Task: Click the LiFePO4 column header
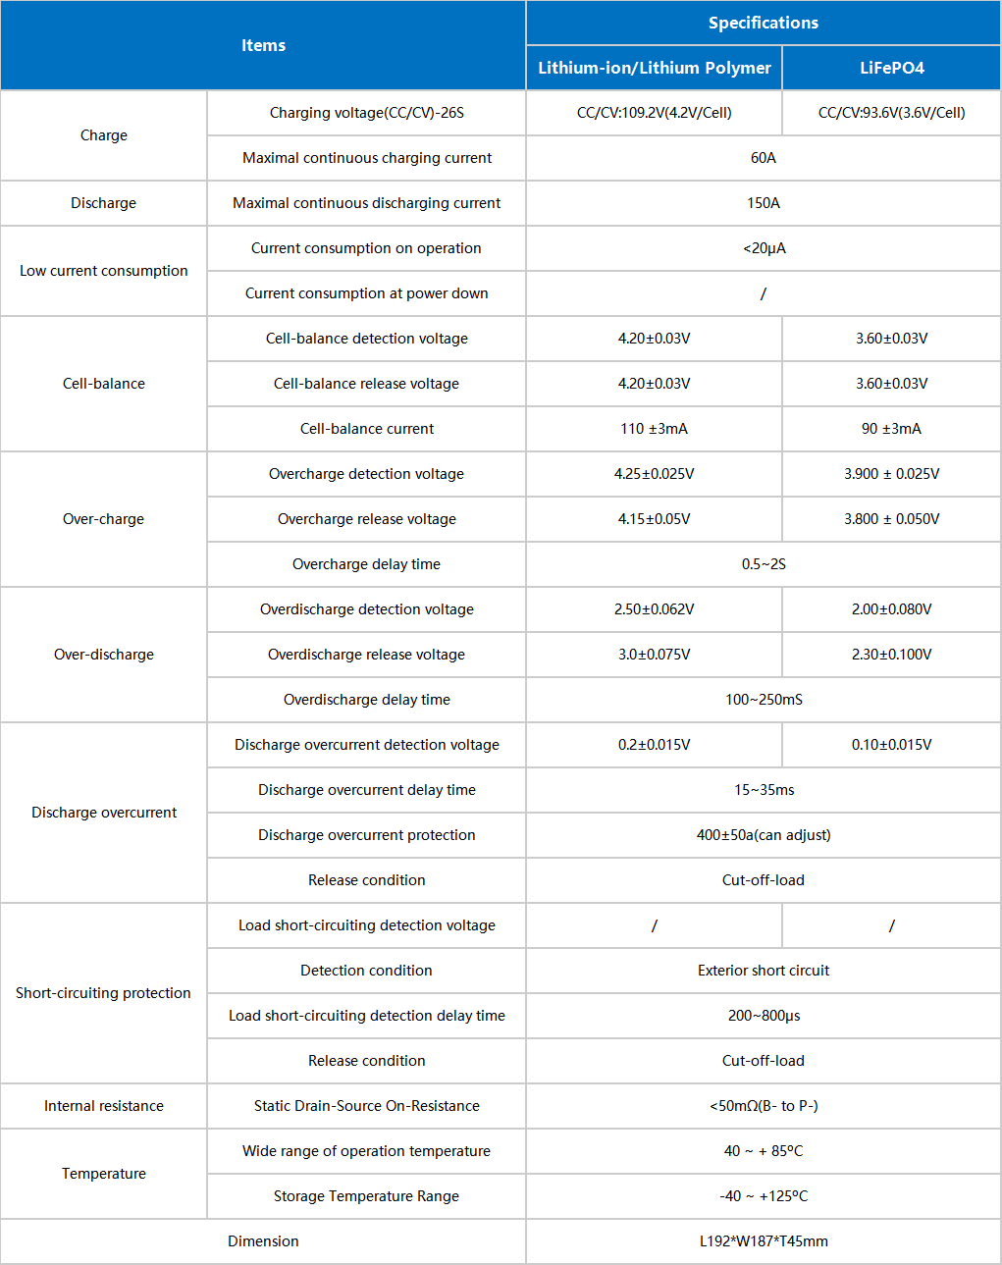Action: (891, 68)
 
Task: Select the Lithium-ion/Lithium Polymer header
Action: (655, 68)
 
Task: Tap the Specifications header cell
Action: (763, 23)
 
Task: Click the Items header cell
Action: (263, 45)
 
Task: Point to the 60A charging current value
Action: (763, 158)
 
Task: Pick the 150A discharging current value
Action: (763, 203)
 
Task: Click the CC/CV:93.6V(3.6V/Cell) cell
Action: (891, 113)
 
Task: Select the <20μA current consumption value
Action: (764, 248)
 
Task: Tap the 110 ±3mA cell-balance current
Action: (654, 429)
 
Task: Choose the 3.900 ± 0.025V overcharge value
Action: (891, 474)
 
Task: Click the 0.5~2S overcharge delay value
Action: (764, 564)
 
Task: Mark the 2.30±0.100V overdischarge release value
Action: (891, 655)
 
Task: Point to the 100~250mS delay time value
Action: (764, 700)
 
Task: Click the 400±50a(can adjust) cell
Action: (764, 835)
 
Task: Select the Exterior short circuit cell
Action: (764, 971)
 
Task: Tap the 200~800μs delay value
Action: (764, 1016)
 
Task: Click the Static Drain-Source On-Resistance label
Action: (366, 1106)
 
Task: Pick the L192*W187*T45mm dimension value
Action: (764, 1241)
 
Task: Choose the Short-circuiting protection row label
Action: (103, 993)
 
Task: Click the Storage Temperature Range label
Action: (366, 1196)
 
